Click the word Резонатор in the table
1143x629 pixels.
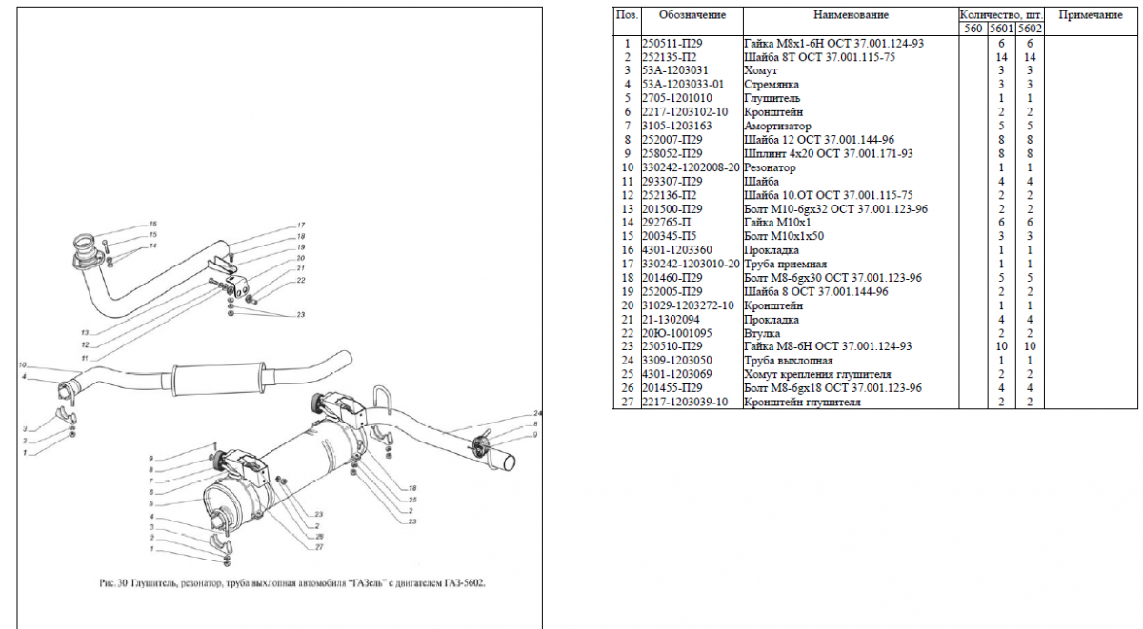coord(768,167)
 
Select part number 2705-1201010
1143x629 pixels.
coord(676,98)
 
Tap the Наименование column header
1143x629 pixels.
coord(851,15)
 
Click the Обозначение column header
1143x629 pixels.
coord(692,15)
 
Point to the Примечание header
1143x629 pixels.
coord(1091,15)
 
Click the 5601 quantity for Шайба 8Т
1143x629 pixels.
coord(1002,57)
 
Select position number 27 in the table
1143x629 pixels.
coord(627,402)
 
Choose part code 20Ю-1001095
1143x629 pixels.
coord(677,333)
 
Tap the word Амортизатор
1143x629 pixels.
coord(777,126)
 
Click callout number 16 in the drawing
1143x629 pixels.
coord(151,225)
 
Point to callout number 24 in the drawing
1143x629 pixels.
coord(537,413)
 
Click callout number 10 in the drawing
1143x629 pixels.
coord(22,364)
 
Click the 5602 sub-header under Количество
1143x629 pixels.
coord(1030,29)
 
